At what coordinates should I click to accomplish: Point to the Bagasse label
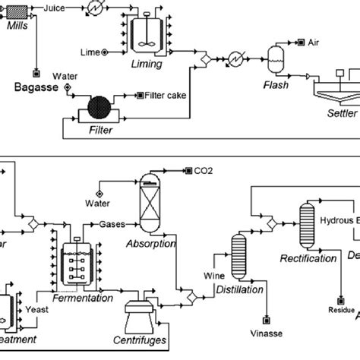[x=36, y=88]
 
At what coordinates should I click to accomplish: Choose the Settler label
[x=341, y=115]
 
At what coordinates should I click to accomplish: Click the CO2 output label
[x=203, y=171]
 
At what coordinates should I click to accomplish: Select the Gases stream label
[x=112, y=225]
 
